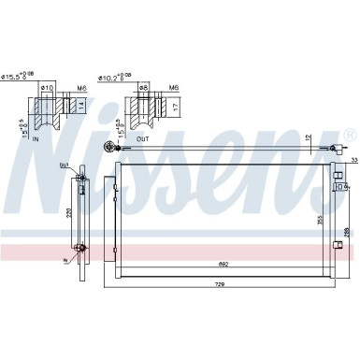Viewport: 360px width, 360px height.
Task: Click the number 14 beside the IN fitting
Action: click(83, 106)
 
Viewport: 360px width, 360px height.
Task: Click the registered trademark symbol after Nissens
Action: click(349, 136)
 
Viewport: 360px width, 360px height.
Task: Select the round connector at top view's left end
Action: click(110, 146)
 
